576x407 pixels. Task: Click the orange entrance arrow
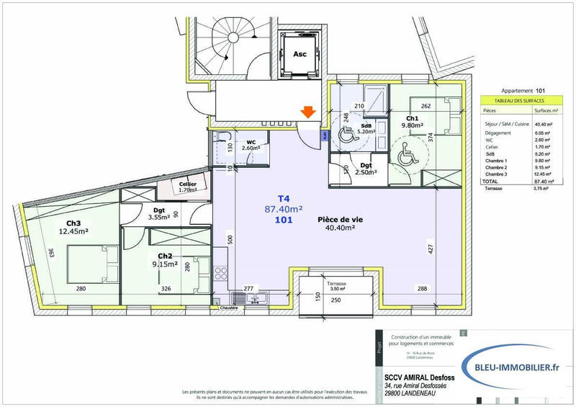point(307,112)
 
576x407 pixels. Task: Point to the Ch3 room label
point(73,222)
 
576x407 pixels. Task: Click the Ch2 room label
point(165,256)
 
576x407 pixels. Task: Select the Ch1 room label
point(413,118)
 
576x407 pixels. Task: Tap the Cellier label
point(188,184)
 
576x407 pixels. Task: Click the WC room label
point(252,143)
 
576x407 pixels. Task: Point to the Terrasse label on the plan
point(336,284)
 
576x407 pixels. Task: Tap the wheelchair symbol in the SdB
point(346,131)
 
